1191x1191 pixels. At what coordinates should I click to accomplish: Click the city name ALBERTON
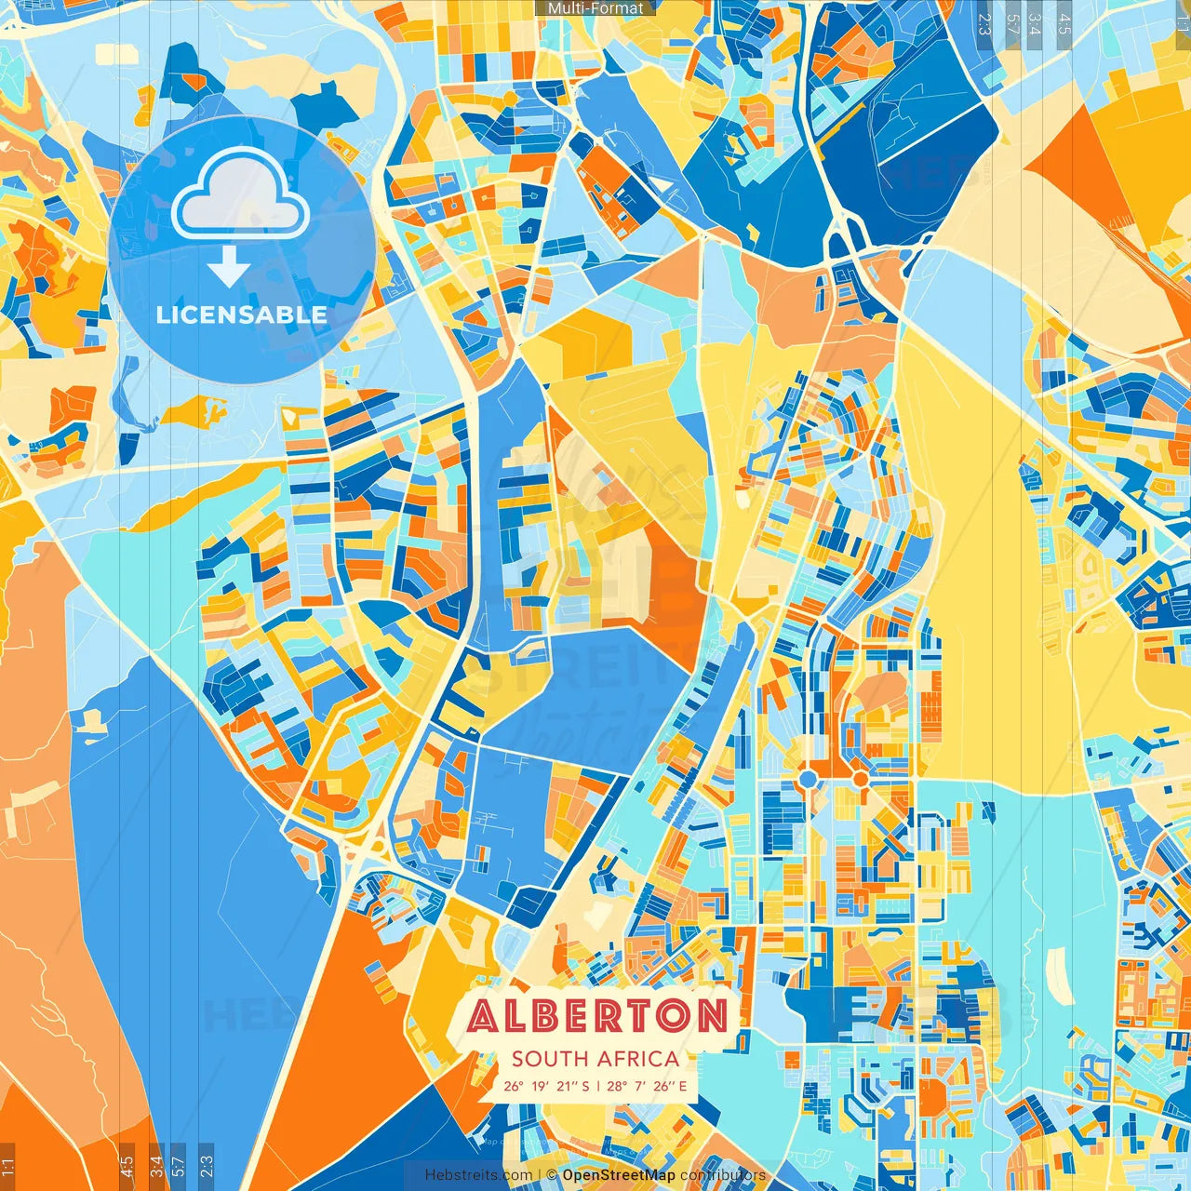coord(596,1017)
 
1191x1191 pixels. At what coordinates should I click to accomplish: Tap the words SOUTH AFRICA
coord(595,1059)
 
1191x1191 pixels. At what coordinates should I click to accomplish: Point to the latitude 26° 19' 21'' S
coord(547,1086)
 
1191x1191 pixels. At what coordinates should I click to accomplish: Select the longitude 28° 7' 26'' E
coord(647,1086)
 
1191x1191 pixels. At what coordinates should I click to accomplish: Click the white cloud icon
coord(241,194)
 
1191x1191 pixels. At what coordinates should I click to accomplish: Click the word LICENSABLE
coord(242,314)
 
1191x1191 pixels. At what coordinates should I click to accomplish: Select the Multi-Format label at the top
coord(595,8)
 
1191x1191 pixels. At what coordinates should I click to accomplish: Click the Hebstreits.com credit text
coord(478,1175)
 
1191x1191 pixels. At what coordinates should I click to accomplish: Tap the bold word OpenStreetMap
coord(619,1175)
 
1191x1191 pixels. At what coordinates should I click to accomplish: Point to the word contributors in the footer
coord(723,1175)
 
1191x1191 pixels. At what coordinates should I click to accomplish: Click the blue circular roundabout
coord(808,777)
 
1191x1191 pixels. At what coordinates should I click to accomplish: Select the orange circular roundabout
coord(861,777)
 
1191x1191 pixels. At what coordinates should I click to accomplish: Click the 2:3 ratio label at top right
coord(984,23)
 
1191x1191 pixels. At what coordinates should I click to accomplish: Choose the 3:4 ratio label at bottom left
coord(156,1164)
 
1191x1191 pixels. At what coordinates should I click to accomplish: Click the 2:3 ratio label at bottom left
coord(207,1164)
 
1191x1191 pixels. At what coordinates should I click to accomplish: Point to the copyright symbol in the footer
coord(552,1175)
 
